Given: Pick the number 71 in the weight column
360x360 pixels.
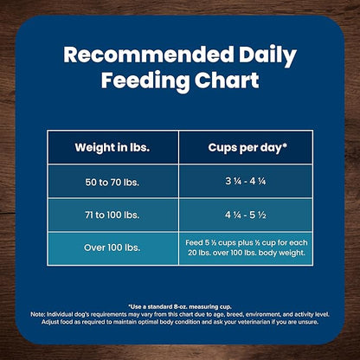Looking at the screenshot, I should [84, 214].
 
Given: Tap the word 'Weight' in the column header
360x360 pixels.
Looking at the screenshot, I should [91, 147].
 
